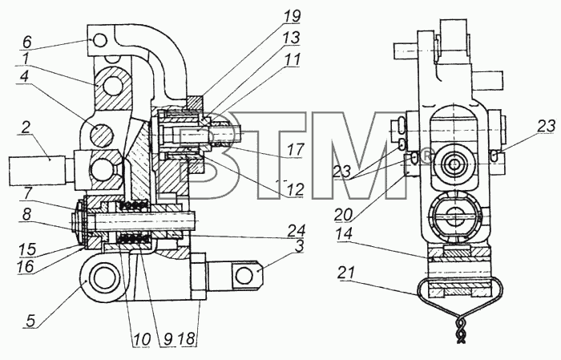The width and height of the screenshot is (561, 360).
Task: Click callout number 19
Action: (x=292, y=16)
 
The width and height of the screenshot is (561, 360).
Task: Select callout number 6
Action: (x=26, y=42)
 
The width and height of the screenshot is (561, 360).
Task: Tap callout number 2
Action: (x=25, y=127)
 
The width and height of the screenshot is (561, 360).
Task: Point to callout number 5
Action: (x=30, y=320)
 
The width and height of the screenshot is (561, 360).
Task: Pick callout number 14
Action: (x=344, y=234)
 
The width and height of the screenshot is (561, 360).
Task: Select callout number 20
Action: (x=344, y=214)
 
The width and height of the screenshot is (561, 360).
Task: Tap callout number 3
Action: (x=299, y=246)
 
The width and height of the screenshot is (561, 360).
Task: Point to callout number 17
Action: (x=296, y=150)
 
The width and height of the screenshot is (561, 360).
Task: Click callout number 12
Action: (x=296, y=189)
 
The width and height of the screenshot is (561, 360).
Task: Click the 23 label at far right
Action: (x=547, y=127)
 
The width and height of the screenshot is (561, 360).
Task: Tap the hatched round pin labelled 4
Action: (x=102, y=136)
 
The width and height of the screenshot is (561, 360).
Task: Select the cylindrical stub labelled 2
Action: (x=37, y=170)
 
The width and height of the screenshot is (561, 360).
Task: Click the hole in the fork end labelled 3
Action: (x=244, y=277)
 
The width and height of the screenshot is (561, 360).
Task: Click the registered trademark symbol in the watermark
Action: (x=425, y=156)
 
